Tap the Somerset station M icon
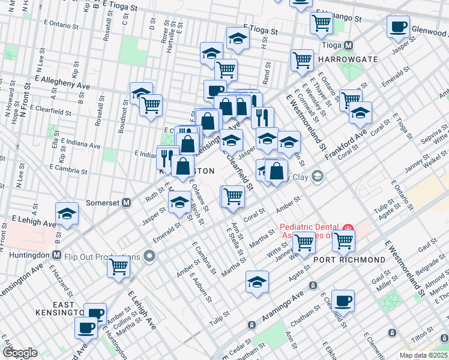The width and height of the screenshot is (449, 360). (127, 202)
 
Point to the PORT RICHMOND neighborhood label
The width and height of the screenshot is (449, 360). (349, 260)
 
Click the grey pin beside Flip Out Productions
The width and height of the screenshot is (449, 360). (149, 257)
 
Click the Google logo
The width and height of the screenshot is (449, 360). (20, 353)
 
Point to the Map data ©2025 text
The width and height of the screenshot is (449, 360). (423, 355)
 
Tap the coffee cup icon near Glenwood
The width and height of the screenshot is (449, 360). (398, 27)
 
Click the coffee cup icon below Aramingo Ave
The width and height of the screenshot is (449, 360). (343, 301)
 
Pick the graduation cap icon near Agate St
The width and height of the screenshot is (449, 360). (257, 281)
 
